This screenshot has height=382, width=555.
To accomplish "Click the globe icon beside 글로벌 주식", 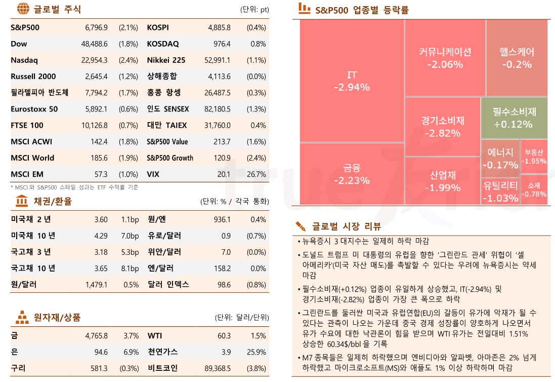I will point(22,9).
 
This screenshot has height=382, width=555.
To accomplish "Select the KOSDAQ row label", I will point(162,44).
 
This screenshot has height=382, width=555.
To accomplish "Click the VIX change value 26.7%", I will point(256,174).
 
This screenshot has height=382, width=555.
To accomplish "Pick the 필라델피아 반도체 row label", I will point(39,93).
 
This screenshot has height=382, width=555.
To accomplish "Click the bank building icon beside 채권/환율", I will point(22,201).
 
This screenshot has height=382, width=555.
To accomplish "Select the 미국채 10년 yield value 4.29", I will point(101,236).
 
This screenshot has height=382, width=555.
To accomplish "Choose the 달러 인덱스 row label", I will point(168,284).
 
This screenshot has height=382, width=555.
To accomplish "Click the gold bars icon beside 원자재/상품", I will point(22,318).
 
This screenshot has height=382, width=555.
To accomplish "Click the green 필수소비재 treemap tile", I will point(514,118).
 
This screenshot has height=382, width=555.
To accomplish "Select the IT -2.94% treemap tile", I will point(352,81).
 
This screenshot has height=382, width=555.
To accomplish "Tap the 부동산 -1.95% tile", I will point(534,156).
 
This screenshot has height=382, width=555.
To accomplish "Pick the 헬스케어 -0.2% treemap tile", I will point(517,58).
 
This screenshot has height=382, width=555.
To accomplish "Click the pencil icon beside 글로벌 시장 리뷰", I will point(302,226).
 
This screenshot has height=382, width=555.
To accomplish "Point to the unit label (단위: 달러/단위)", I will point(241,318).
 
